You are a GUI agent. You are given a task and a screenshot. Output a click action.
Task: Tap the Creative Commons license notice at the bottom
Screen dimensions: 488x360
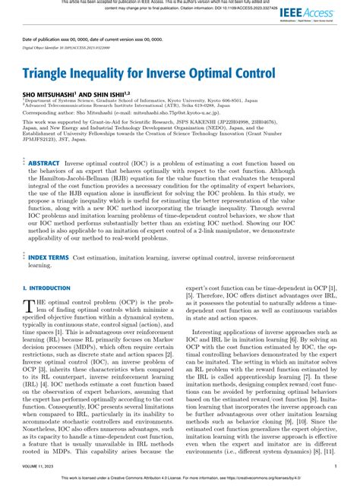point(180,479)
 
